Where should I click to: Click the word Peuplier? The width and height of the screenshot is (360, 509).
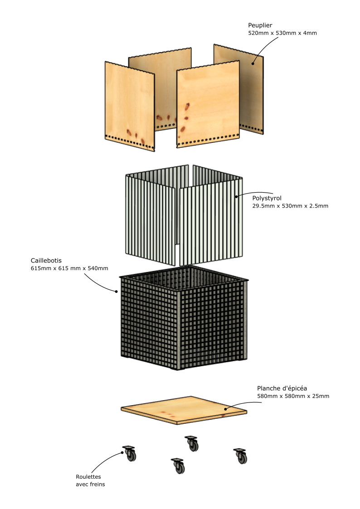coord(260,25)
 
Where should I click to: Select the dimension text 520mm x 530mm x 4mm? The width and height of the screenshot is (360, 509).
coord(282,33)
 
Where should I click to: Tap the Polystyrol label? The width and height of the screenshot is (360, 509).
coord(267,199)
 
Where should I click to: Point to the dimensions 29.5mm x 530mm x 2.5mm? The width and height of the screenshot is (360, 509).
coord(290,206)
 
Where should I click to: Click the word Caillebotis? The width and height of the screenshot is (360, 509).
coord(46,260)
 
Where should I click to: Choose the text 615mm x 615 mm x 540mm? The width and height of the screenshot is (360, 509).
coord(69,268)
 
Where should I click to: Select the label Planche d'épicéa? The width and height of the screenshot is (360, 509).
coord(282,388)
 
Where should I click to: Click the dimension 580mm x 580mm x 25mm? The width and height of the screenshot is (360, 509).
coord(293,396)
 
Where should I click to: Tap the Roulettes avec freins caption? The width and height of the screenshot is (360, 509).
coord(90,480)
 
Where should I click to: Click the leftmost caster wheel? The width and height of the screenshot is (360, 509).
coord(130,453)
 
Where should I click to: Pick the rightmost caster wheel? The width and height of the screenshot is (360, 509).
coord(241,456)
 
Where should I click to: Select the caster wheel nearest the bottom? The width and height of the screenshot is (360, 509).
coord(179,466)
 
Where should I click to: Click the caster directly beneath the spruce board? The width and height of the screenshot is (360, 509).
coord(192,443)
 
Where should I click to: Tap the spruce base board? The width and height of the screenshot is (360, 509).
coord(184,410)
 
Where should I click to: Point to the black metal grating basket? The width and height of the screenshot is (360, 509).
coord(184,318)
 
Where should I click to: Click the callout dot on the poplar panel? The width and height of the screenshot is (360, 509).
coord(253,63)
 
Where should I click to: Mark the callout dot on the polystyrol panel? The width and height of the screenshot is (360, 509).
coord(237,196)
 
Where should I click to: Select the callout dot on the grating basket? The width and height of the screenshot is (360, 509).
coord(117,291)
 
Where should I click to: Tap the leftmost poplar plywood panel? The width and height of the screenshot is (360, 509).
coord(130,106)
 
